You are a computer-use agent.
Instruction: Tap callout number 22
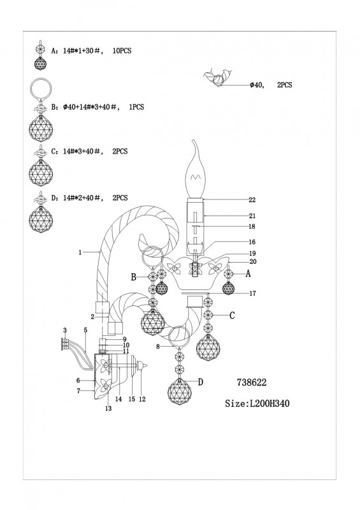(252, 200)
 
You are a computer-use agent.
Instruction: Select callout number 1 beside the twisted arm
(80, 252)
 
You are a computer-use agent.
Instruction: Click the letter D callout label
(200, 381)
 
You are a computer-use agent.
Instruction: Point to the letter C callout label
(232, 315)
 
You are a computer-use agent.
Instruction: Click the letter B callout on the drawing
(133, 277)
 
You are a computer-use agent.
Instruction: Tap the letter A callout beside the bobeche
(248, 274)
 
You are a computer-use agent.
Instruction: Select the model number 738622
(252, 382)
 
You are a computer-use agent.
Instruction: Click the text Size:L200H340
(257, 404)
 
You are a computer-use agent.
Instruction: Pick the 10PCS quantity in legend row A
(122, 51)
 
